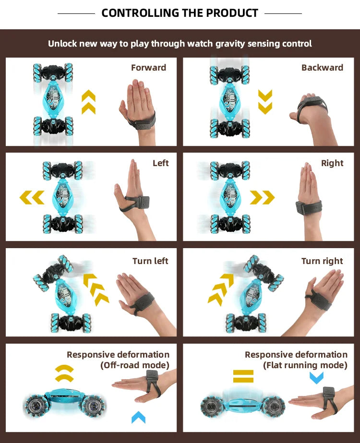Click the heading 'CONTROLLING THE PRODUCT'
click(180, 13)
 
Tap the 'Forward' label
click(148, 68)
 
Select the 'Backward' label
click(322, 68)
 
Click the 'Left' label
click(160, 163)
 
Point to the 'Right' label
click(332, 163)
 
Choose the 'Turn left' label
click(150, 261)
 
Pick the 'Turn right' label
click(322, 261)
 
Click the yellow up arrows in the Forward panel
click(88, 102)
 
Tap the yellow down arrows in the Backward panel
click(265, 102)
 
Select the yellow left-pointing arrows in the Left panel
click(32, 197)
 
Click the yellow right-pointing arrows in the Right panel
click(262, 197)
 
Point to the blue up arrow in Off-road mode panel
click(138, 417)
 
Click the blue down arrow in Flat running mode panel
click(316, 378)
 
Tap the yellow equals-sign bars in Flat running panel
click(243, 376)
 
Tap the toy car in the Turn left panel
click(60, 293)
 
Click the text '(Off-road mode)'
click(135, 365)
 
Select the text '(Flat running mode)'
click(305, 365)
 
